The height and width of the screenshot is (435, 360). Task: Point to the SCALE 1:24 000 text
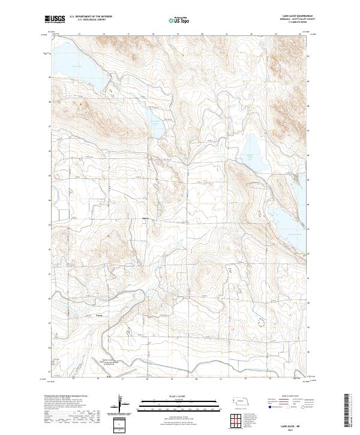[x=176, y=397]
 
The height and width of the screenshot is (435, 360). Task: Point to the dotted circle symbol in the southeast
[x=261, y=322]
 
